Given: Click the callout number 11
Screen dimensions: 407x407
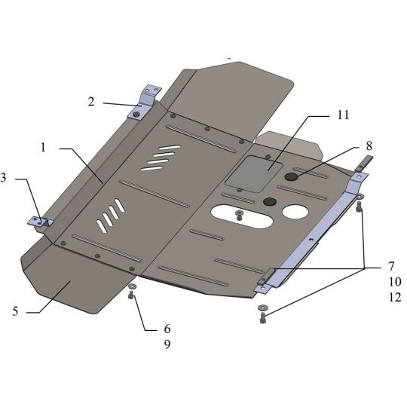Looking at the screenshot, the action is pyautogui.click(x=343, y=115).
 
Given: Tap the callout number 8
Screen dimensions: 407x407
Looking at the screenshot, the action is pyautogui.click(x=369, y=146).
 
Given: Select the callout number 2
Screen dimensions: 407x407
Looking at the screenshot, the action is pyautogui.click(x=91, y=102).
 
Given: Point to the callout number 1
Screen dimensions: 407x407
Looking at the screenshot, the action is pyautogui.click(x=43, y=148).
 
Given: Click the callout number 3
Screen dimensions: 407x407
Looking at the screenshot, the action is pyautogui.click(x=3, y=178).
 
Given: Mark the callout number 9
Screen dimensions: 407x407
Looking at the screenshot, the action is pyautogui.click(x=167, y=344).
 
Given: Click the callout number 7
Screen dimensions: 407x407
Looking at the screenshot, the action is pyautogui.click(x=391, y=266).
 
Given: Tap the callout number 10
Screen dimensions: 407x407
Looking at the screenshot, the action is pyautogui.click(x=395, y=282).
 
